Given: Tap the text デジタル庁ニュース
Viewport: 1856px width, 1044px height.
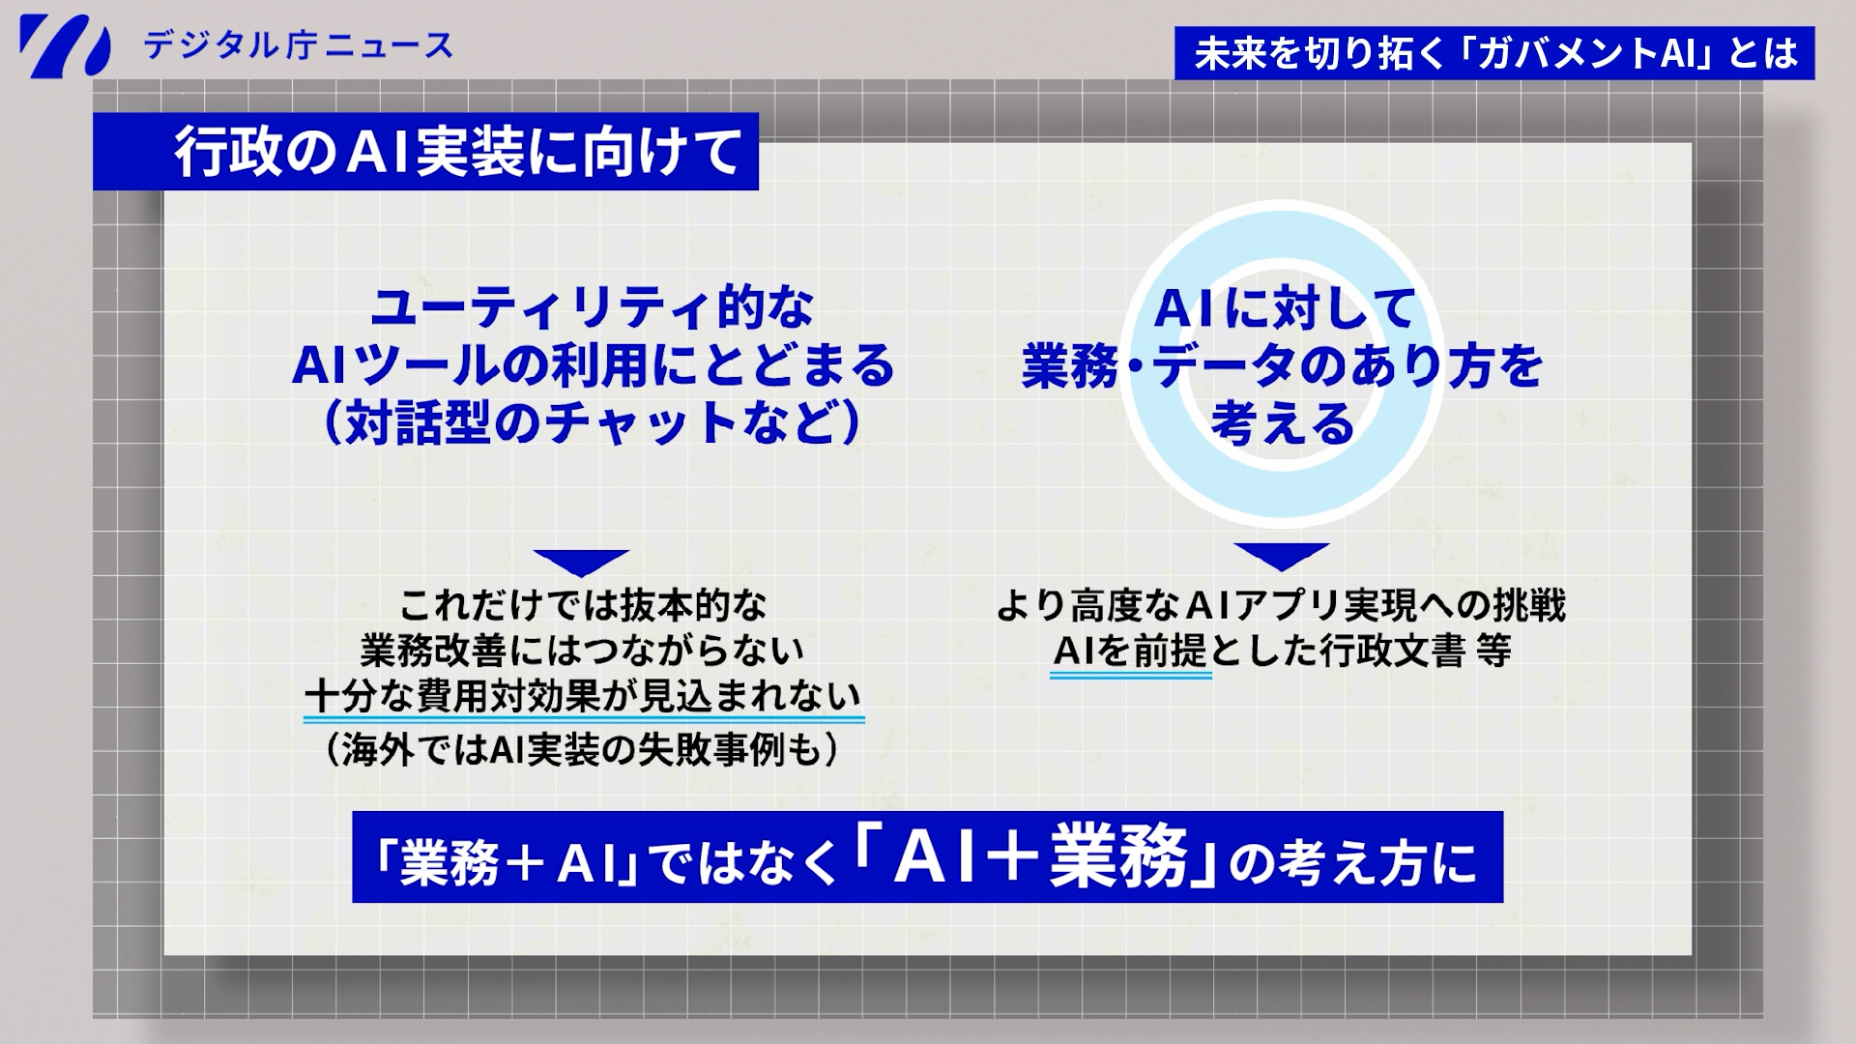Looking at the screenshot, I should [x=298, y=45].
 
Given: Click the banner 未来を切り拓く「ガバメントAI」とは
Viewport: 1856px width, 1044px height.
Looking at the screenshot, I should [x=1494, y=53].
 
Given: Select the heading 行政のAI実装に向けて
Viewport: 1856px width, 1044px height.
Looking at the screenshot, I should [x=458, y=153].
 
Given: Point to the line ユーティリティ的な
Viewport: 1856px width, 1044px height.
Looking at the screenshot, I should [x=593, y=308].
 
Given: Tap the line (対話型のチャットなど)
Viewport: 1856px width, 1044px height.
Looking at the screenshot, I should [x=593, y=422].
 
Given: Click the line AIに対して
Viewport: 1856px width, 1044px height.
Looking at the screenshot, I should [x=1285, y=308].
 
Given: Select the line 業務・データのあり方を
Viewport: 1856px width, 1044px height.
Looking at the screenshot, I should [x=1284, y=366].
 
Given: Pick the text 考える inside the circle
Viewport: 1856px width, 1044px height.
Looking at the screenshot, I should [x=1284, y=423].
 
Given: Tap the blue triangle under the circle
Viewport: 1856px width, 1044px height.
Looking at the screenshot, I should [x=1282, y=556].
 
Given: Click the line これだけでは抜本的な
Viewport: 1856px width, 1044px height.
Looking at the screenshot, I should [x=583, y=606].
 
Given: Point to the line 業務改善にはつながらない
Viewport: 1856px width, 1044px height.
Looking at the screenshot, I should [x=583, y=651].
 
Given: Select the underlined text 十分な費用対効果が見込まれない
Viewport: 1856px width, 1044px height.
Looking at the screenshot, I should [x=583, y=696].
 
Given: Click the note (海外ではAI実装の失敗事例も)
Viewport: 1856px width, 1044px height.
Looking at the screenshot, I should [x=583, y=750].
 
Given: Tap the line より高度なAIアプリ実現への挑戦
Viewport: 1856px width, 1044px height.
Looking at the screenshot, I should [x=1282, y=606].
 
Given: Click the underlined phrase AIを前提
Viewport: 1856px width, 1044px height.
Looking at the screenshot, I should [x=1130, y=652].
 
